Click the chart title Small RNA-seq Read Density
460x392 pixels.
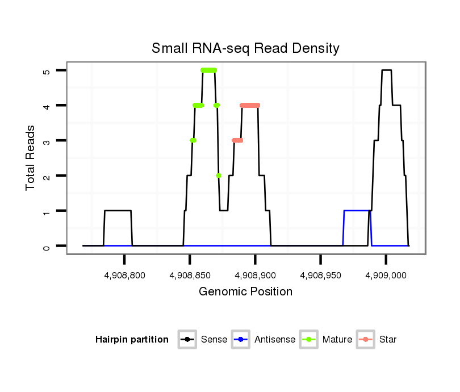pos(245,48)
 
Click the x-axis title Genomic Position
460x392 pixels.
pos(245,292)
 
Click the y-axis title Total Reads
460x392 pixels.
pos(31,158)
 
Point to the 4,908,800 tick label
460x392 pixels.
pos(124,275)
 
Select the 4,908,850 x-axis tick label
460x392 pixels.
pos(190,275)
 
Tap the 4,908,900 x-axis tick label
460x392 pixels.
pos(256,275)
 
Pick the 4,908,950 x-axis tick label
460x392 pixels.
pos(321,275)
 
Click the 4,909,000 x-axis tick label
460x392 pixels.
pos(386,275)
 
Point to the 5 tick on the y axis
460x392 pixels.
pos(47,70)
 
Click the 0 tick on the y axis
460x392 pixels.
pos(47,246)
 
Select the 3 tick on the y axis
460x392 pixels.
pos(47,141)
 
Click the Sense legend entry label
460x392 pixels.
pos(214,340)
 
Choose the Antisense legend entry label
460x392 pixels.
pos(275,340)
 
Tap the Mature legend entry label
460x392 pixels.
pos(337,340)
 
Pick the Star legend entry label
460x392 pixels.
pos(388,340)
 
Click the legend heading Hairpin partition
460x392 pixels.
pos(132,340)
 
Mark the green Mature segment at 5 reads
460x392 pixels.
pos(208,70)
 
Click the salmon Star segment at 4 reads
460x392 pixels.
pos(250,105)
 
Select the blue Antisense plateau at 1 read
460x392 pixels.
pos(357,211)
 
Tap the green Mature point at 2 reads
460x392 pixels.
pos(219,176)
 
